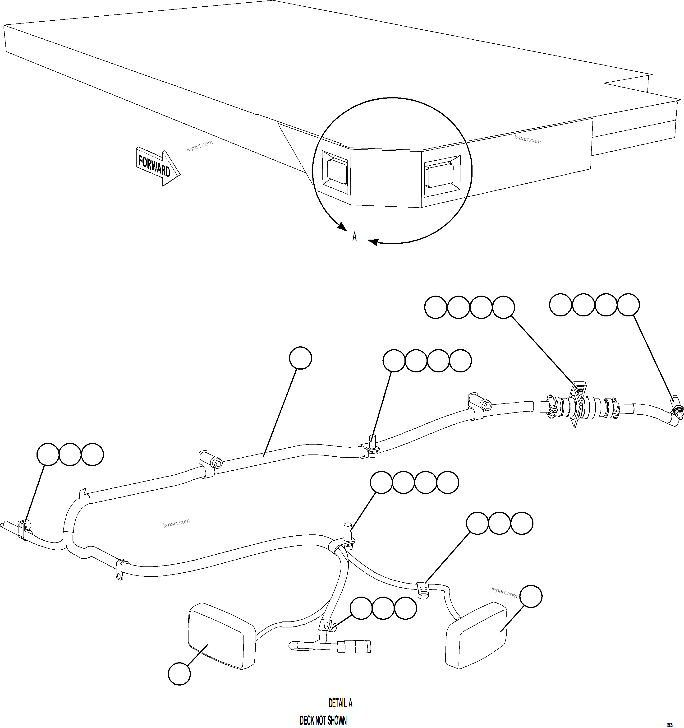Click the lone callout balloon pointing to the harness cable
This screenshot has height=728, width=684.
(300, 358)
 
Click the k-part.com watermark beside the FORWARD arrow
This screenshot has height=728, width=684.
(199, 146)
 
